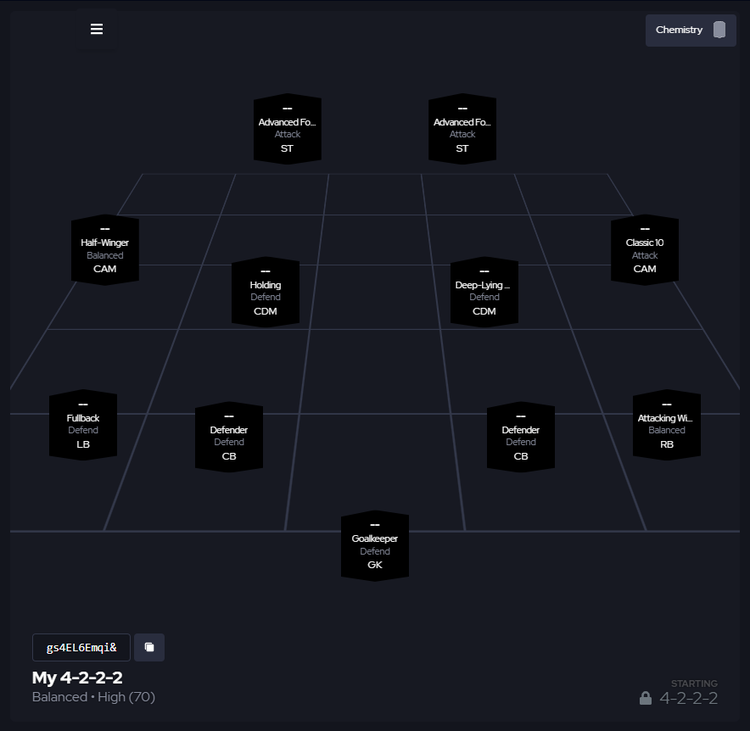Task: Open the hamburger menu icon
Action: [97, 29]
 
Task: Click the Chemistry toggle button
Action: [690, 30]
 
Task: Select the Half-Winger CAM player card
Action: [105, 250]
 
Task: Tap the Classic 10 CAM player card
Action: [645, 250]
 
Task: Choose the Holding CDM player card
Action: [265, 292]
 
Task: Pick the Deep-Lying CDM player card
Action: [484, 292]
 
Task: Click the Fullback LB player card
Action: [83, 425]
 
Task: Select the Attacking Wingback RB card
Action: [667, 425]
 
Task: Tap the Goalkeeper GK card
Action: [375, 546]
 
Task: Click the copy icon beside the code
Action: [149, 647]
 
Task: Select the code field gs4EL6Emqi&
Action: [81, 647]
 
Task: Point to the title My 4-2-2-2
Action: [77, 678]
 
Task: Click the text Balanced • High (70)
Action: [93, 697]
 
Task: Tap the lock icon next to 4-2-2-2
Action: [646, 698]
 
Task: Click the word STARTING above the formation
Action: [694, 684]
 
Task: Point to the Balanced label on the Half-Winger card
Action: [105, 256]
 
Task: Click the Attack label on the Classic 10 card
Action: [645, 256]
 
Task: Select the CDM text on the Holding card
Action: [265, 311]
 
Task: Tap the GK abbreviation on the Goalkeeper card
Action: [375, 565]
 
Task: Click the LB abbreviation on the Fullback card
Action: [83, 444]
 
